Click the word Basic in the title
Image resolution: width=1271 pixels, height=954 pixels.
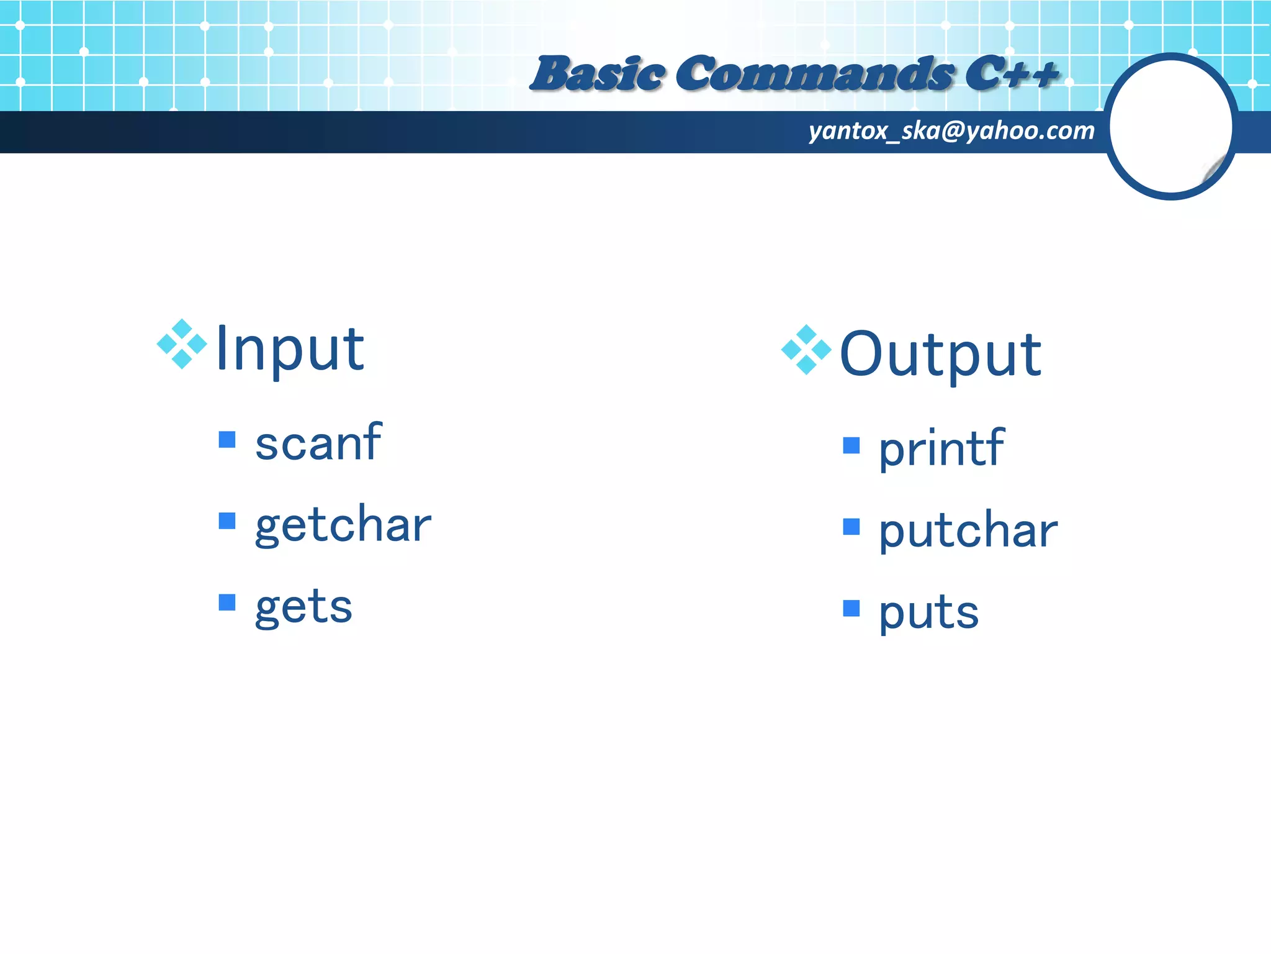point(598,74)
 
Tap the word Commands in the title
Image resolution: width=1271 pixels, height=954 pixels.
point(815,74)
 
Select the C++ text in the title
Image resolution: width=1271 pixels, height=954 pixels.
point(1012,74)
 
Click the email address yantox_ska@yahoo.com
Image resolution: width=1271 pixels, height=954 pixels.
point(951,131)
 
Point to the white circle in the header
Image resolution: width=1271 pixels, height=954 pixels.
point(1170,126)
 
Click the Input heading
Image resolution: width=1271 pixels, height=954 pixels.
point(290,350)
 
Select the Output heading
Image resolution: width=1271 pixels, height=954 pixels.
point(940,355)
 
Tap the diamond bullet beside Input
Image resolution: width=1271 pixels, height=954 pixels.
point(182,343)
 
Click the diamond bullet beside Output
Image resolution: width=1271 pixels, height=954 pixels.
point(806,349)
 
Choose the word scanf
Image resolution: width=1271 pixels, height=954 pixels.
point(318,442)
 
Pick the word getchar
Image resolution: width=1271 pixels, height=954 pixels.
point(343,525)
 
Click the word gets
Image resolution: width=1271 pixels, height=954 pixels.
point(303,607)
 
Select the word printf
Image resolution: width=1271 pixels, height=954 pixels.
point(941,448)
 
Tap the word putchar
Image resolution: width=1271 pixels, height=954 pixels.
point(968,531)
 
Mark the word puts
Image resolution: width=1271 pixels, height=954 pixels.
point(928,613)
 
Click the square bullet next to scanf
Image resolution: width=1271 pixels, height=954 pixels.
point(227,440)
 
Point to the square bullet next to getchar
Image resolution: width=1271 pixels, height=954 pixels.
point(227,520)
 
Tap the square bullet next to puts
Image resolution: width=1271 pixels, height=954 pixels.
point(851,608)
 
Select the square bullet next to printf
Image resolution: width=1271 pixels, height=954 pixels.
point(851,445)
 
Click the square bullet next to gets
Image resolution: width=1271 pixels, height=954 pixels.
point(227,602)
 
